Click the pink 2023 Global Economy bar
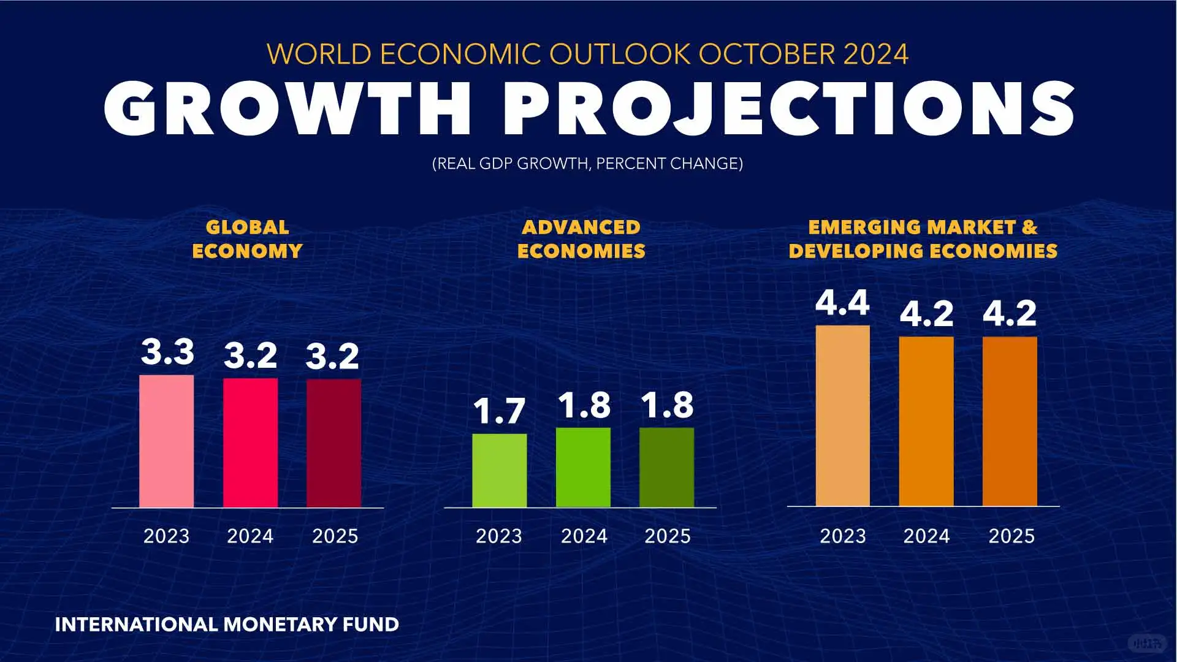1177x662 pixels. tap(166, 441)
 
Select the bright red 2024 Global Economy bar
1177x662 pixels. tap(250, 443)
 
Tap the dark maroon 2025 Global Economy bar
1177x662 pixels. tap(333, 443)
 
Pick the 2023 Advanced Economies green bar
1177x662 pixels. tap(499, 470)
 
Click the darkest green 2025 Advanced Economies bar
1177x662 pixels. tap(666, 467)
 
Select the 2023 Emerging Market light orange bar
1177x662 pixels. tap(842, 416)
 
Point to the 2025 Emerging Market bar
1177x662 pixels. tap(1010, 421)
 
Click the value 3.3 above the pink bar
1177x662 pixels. tap(167, 352)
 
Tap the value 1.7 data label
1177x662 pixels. tap(499, 411)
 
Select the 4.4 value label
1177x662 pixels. tap(842, 303)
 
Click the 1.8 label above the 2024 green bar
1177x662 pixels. tap(584, 405)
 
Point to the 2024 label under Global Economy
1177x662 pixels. tap(250, 536)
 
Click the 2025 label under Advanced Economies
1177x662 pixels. tap(667, 536)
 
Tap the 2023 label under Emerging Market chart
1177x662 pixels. tap(843, 536)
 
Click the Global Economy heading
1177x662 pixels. tap(247, 239)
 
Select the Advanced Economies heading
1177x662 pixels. tap(581, 239)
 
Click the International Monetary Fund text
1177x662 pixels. tap(227, 625)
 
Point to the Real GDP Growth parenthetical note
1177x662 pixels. tap(587, 164)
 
